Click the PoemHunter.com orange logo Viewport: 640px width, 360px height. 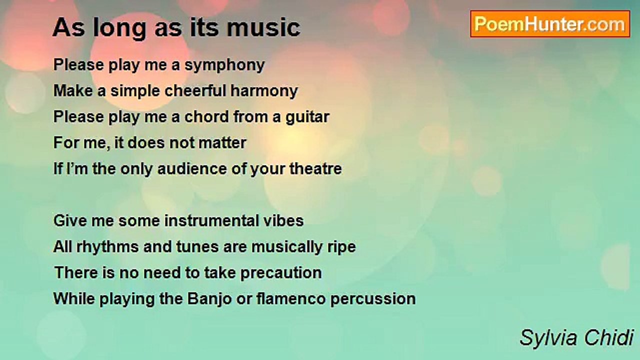pyautogui.click(x=550, y=24)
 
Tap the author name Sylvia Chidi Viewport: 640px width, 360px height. pyautogui.click(x=576, y=338)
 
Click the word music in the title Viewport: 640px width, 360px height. pyautogui.click(x=263, y=27)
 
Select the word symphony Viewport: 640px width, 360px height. pyautogui.click(x=224, y=65)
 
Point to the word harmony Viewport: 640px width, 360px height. pyautogui.click(x=264, y=91)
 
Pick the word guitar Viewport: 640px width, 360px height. pyautogui.click(x=307, y=117)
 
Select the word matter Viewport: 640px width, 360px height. pyautogui.click(x=222, y=143)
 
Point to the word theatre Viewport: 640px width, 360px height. pyautogui.click(x=315, y=169)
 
